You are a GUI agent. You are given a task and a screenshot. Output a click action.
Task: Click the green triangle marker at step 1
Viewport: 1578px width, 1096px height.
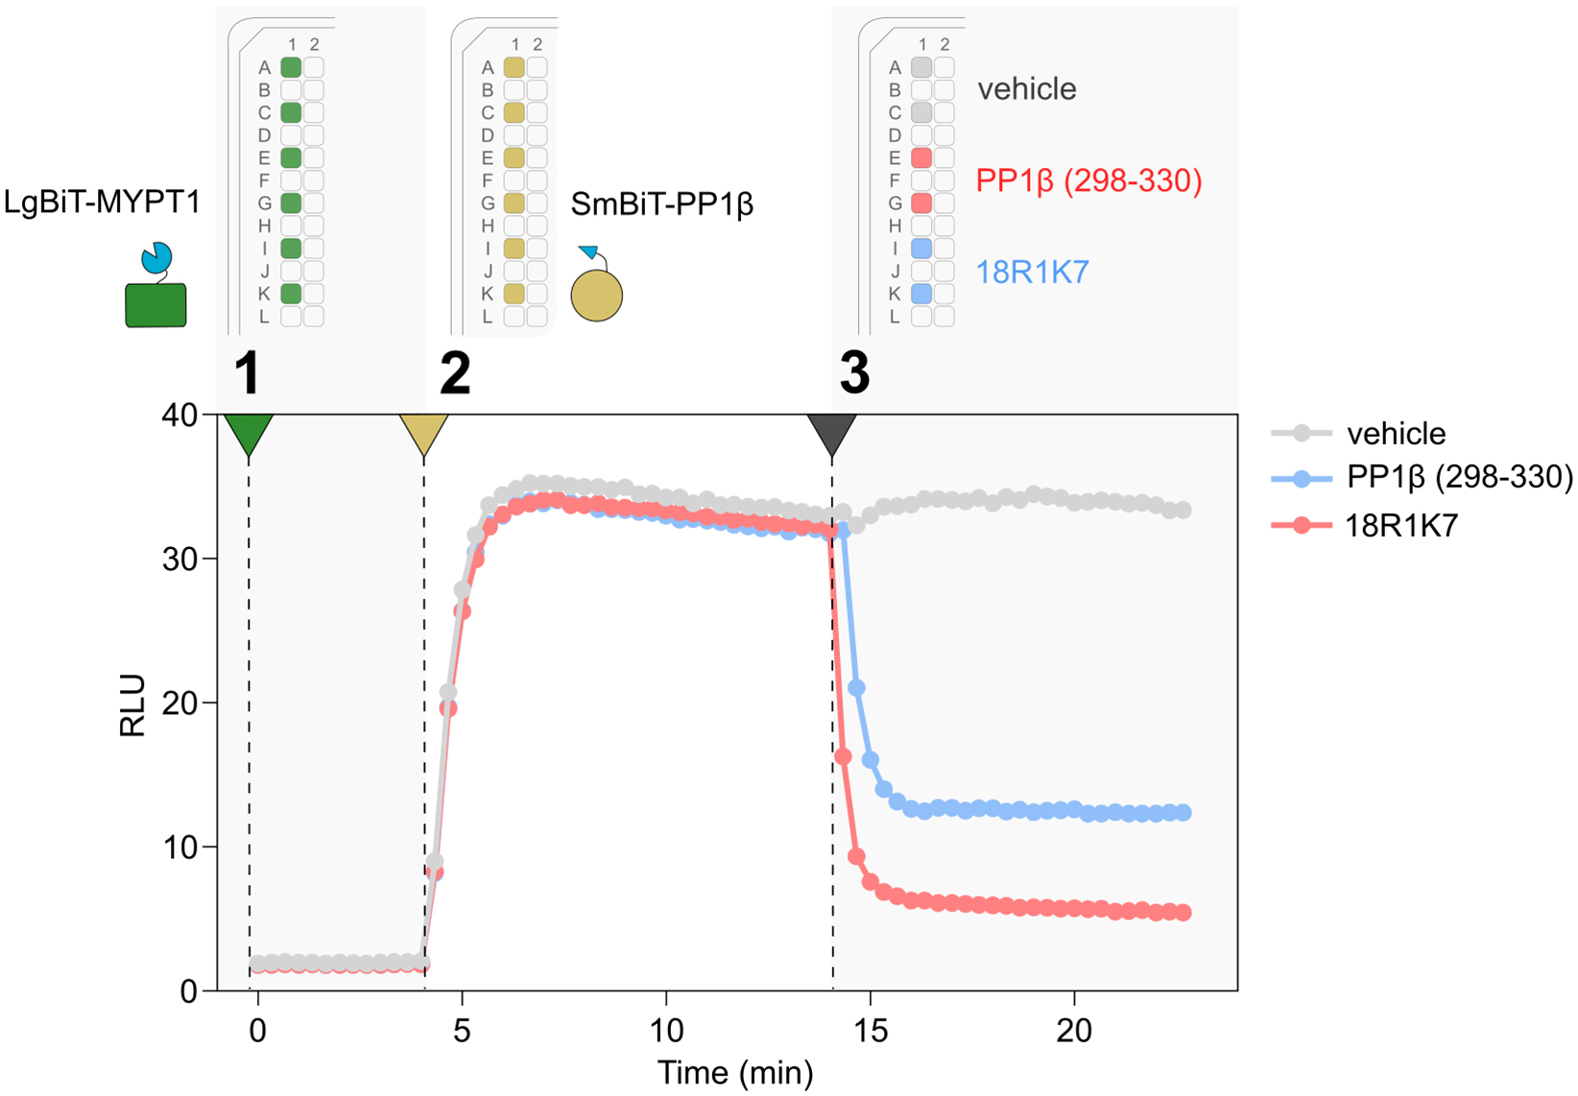coord(249,433)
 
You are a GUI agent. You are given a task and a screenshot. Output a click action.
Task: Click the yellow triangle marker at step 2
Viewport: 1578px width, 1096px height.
coord(423,433)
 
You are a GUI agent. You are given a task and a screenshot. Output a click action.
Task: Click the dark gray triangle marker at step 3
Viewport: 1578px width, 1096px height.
coord(831,433)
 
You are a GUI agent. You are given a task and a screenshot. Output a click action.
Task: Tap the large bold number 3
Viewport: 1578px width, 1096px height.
coord(854,372)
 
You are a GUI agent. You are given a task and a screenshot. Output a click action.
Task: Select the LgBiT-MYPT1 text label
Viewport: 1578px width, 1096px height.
coord(102,203)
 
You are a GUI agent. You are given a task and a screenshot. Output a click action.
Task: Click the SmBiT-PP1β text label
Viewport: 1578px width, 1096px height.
coord(661,203)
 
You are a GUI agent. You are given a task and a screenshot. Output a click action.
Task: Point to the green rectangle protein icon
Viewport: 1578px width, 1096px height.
coord(155,304)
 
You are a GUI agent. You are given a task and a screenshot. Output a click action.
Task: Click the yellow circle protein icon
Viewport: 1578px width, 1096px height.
coord(596,295)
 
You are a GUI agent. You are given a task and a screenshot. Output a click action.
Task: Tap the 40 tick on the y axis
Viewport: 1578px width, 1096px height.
coord(179,416)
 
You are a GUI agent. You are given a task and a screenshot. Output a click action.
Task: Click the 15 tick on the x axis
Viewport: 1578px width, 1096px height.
coord(870,1031)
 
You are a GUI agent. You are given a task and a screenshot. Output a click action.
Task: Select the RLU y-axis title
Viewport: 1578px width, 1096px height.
coord(132,705)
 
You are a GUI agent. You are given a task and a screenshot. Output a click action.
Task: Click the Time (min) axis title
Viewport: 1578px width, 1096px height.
coord(734,1073)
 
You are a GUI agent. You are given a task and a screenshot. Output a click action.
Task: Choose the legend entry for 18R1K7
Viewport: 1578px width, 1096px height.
coord(1401,525)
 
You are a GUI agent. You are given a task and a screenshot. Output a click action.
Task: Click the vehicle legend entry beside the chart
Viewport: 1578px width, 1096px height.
coord(1396,434)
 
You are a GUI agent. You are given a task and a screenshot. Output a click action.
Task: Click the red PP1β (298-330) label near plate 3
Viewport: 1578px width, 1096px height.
coord(1088,180)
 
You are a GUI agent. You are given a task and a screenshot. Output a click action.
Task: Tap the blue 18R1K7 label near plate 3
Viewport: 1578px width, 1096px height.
coord(1032,273)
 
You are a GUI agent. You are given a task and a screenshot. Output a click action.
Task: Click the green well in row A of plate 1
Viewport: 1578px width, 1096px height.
coord(291,67)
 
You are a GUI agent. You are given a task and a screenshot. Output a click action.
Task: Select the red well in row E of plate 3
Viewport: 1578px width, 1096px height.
coord(921,157)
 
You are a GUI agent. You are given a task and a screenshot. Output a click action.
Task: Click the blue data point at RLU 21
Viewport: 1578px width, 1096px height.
coord(857,688)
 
